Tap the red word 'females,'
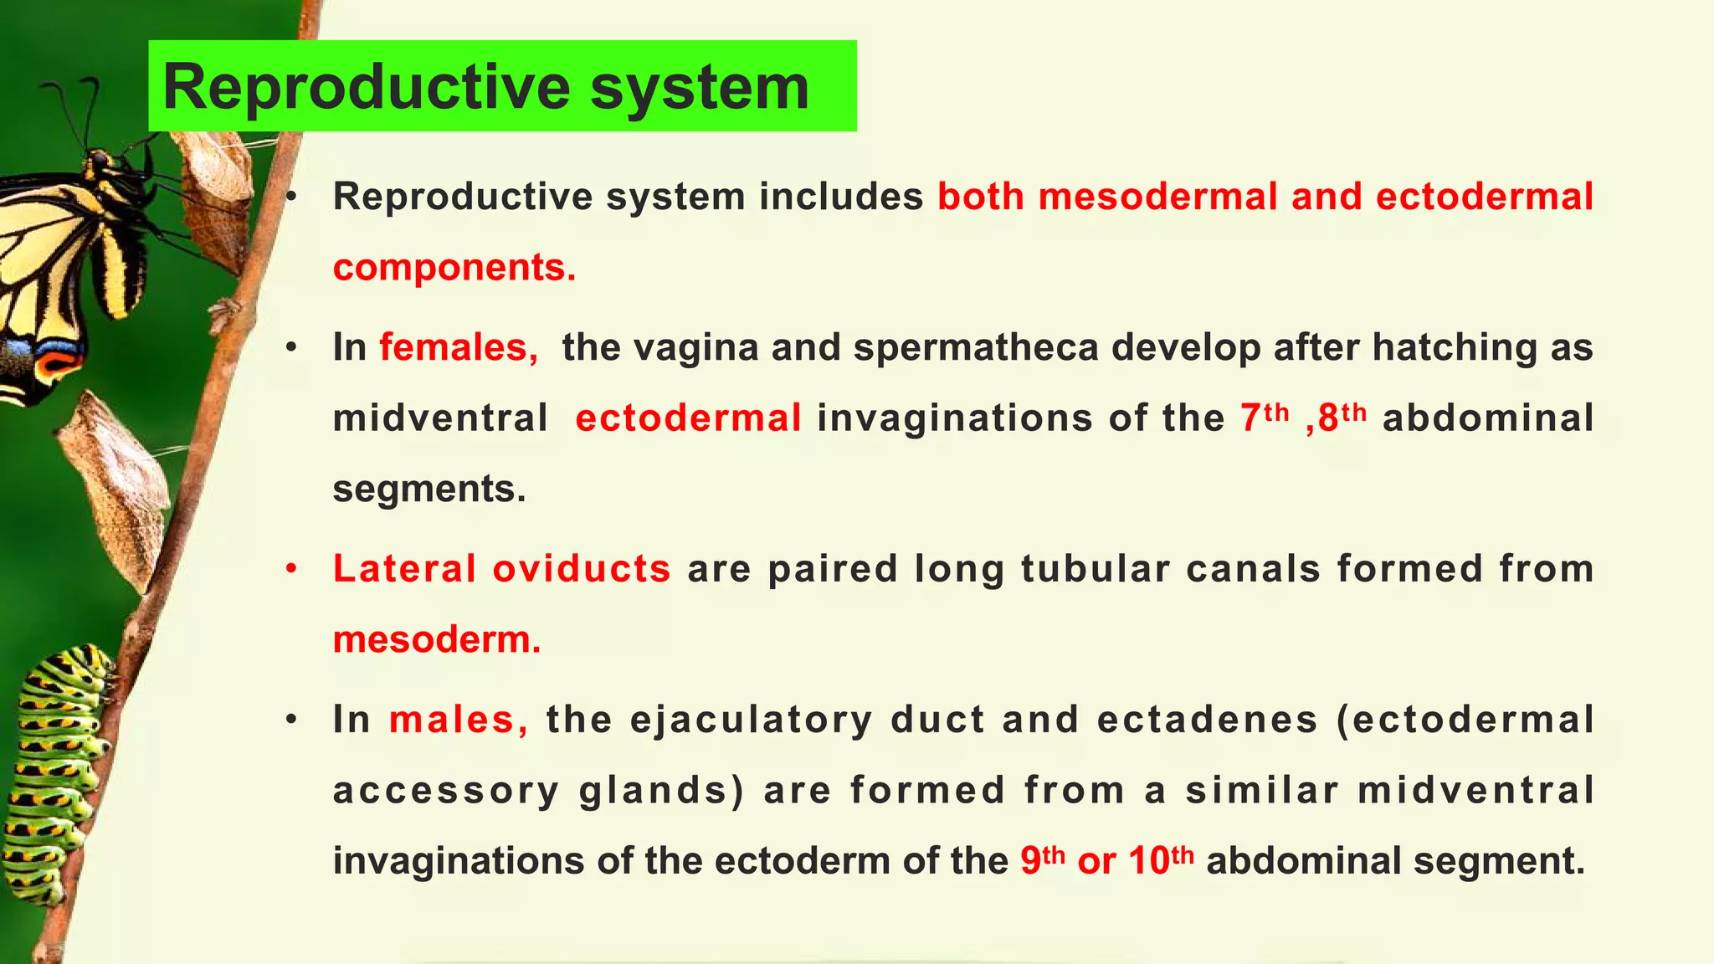pos(459,347)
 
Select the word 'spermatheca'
pos(976,347)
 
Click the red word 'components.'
pos(454,268)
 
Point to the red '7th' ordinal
pos(1265,417)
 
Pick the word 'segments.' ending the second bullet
pos(429,489)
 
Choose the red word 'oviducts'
pos(582,568)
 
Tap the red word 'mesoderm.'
pos(437,639)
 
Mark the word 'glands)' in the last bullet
pos(661,791)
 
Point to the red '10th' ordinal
pos(1161,860)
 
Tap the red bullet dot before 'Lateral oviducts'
pos(290,569)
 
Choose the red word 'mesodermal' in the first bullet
pos(1158,197)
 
